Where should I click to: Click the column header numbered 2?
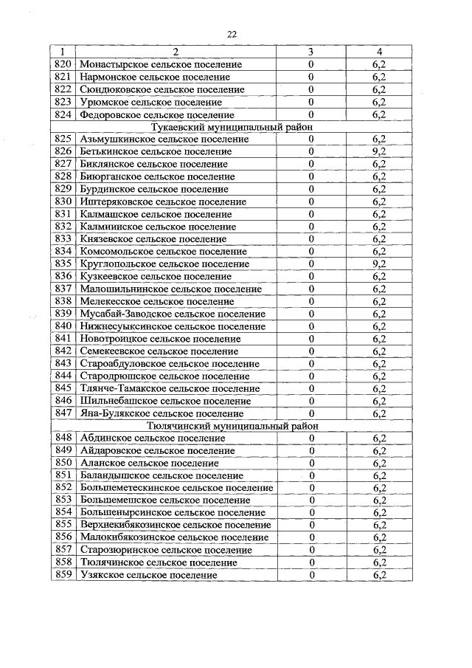(x=176, y=52)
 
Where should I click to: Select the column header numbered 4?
(x=379, y=52)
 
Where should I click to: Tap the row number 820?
(x=63, y=64)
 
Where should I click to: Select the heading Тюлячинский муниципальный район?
(x=235, y=426)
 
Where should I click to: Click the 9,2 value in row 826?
(x=379, y=151)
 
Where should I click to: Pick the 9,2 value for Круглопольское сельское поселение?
(x=379, y=264)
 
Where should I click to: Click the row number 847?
(x=63, y=413)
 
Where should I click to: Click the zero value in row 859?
(x=312, y=575)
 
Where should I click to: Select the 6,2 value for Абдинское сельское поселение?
(x=379, y=438)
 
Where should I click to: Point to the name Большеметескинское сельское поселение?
(x=176, y=488)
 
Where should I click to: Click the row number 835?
(x=63, y=264)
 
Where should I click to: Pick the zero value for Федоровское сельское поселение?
(x=311, y=114)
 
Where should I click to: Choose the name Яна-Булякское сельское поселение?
(x=162, y=413)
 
